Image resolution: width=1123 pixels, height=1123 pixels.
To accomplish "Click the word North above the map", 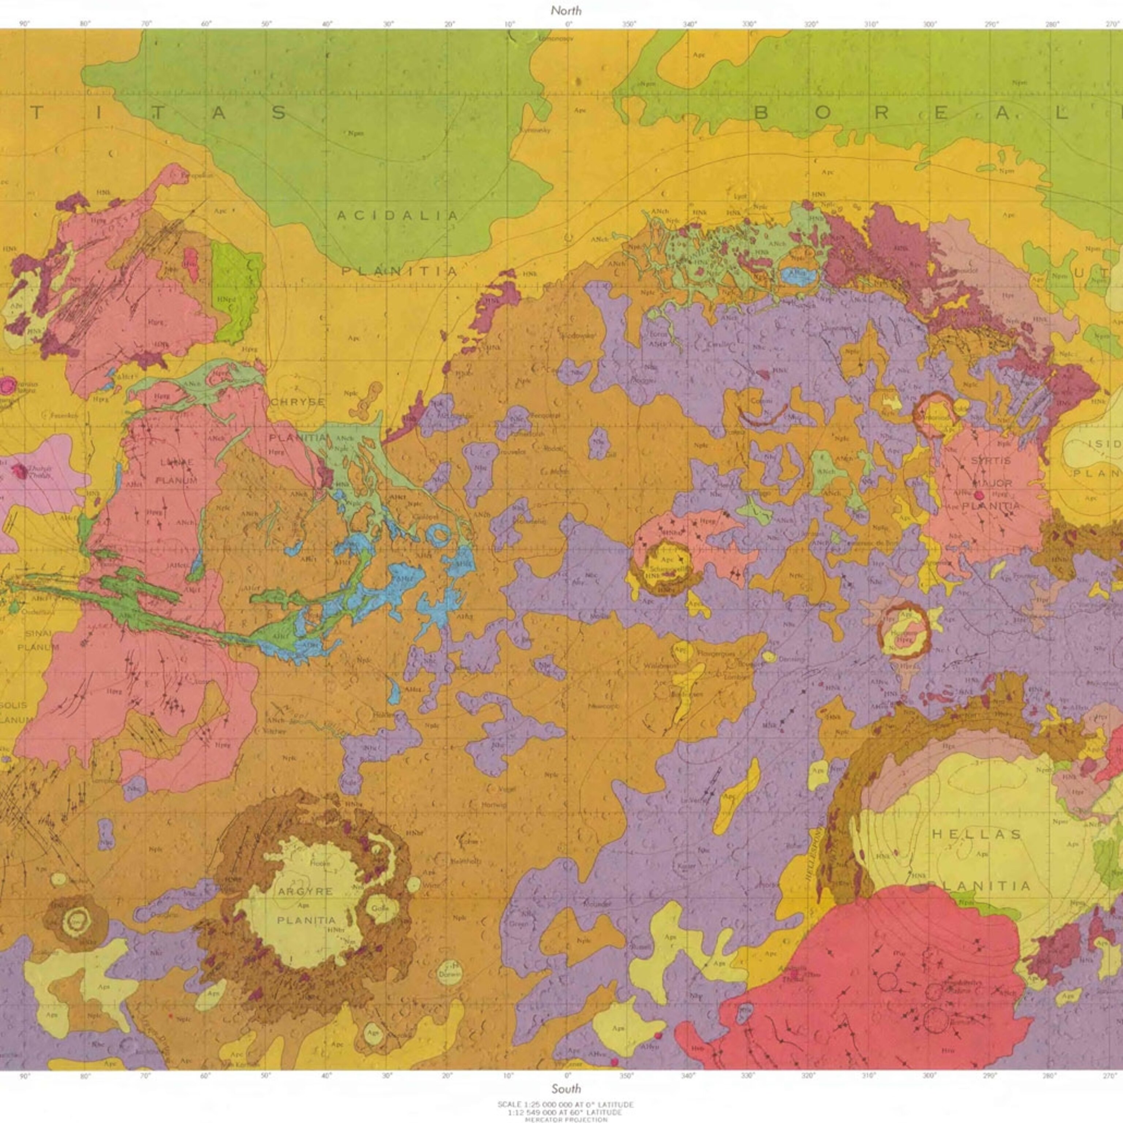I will (566, 11).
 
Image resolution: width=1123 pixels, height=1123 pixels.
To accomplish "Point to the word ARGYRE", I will (305, 891).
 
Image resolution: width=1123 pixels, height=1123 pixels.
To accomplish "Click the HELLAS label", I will (976, 834).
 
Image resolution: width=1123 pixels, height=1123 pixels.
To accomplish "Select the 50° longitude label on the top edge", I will (266, 24).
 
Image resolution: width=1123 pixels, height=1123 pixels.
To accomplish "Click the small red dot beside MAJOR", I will (979, 495).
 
